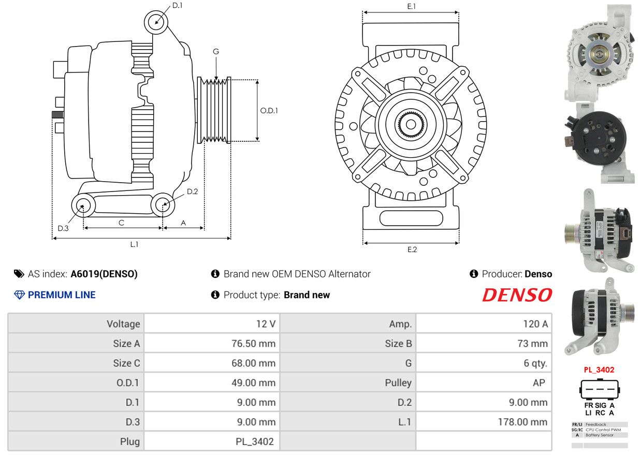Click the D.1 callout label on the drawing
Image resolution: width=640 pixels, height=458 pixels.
click(x=177, y=5)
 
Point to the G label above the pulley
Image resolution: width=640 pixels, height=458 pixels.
click(x=216, y=51)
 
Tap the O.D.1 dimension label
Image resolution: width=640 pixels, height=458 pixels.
click(x=269, y=110)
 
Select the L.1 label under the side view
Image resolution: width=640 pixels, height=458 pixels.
click(x=134, y=244)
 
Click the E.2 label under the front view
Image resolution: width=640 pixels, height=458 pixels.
click(x=412, y=249)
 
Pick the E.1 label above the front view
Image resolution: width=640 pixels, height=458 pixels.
click(x=412, y=6)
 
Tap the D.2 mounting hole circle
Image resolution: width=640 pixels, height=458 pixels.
click(x=163, y=205)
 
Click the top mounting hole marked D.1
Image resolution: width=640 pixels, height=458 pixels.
click(x=156, y=22)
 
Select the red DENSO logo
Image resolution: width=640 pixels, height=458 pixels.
click(x=517, y=295)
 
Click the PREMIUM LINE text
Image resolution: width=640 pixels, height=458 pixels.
click(x=62, y=295)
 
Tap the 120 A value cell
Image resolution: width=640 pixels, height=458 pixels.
click(x=535, y=324)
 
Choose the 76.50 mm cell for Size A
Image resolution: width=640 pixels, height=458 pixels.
click(x=253, y=344)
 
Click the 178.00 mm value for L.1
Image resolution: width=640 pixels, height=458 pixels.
click(x=522, y=422)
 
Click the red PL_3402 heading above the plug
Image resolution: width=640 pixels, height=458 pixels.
click(x=599, y=370)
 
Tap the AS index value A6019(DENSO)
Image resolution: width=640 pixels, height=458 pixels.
click(x=104, y=274)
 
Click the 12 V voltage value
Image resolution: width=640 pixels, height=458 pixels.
click(x=266, y=324)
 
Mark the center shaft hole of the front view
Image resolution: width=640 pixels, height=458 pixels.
click(x=411, y=125)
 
